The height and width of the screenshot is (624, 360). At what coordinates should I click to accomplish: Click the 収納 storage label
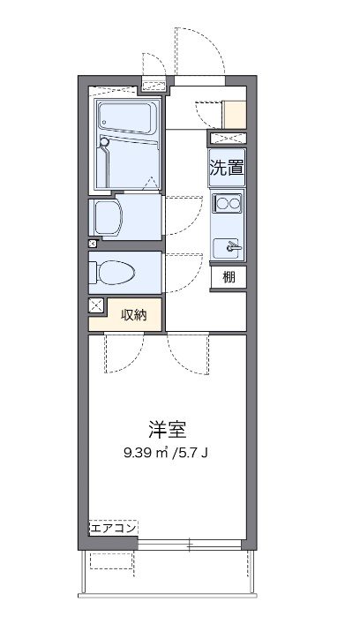tap(134, 312)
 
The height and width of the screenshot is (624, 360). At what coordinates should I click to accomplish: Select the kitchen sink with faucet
tap(227, 245)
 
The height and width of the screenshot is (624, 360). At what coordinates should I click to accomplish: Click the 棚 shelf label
tap(229, 277)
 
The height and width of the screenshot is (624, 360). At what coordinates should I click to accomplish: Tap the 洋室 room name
tap(167, 431)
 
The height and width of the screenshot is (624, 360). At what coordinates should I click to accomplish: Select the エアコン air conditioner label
tap(113, 528)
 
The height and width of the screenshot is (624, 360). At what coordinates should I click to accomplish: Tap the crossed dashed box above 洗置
tap(227, 138)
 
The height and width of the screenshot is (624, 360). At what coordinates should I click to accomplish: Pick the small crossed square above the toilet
tap(93, 243)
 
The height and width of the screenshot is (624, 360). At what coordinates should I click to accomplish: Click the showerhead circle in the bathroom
tap(104, 140)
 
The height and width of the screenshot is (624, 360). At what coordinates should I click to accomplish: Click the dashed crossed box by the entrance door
tap(155, 85)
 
